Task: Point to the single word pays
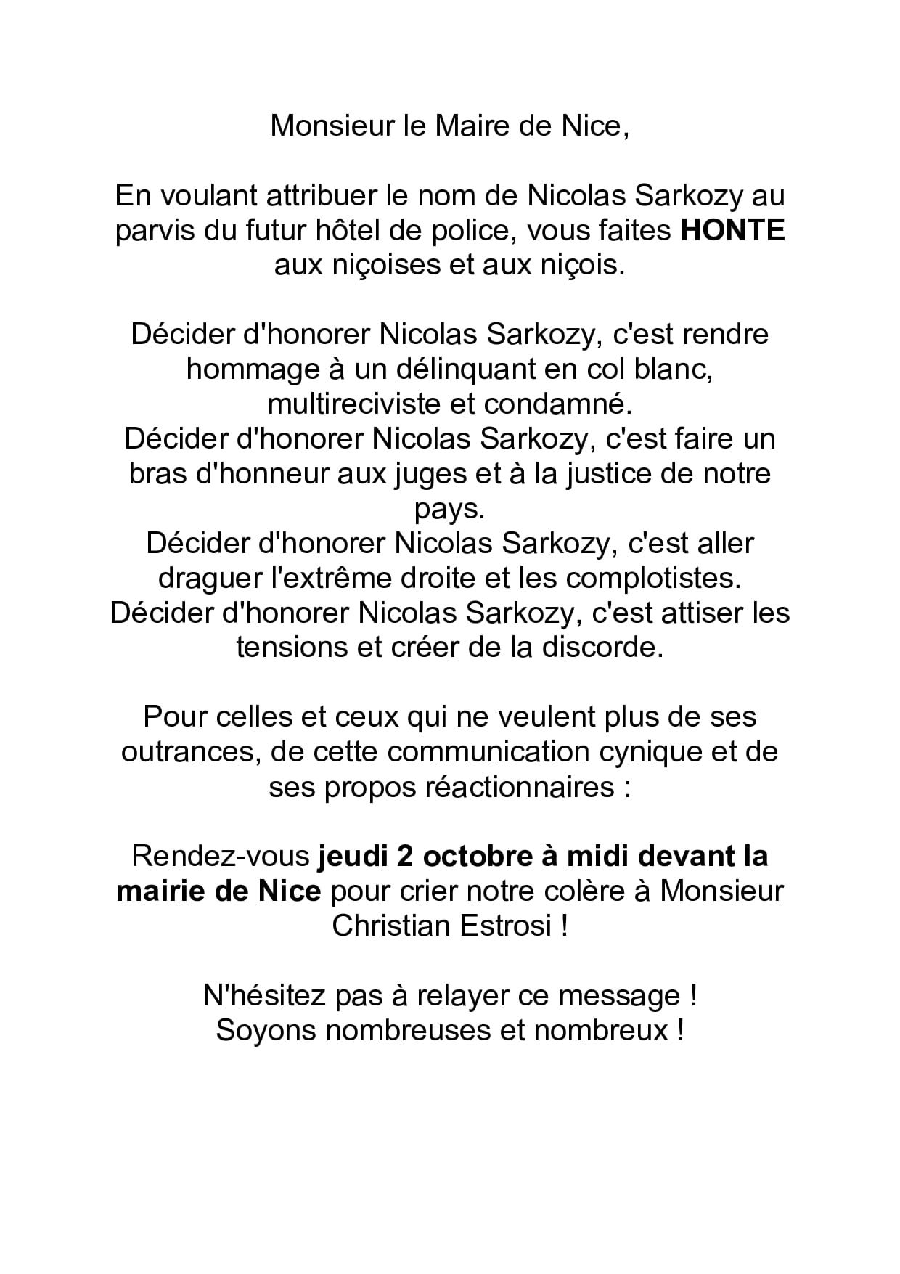pos(449,510)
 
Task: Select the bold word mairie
pos(160,891)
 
